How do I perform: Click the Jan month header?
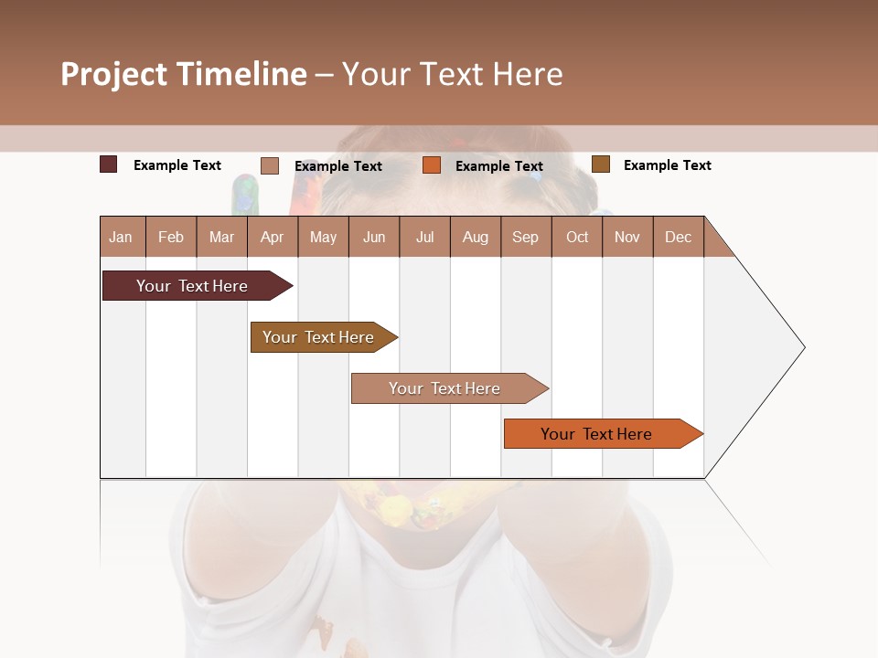122,237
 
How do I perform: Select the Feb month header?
171,237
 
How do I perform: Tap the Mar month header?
221,237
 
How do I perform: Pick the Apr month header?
273,237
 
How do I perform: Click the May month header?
323,237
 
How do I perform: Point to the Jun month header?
374,237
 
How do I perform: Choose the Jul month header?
424,237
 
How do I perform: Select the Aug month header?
476,237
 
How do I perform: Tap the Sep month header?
526,237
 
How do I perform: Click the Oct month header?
577,237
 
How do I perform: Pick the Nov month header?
627,237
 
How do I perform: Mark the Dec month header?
679,237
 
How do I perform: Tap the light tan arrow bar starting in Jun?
445,388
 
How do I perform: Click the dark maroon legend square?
109,164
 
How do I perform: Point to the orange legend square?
432,165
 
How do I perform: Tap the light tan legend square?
270,165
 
